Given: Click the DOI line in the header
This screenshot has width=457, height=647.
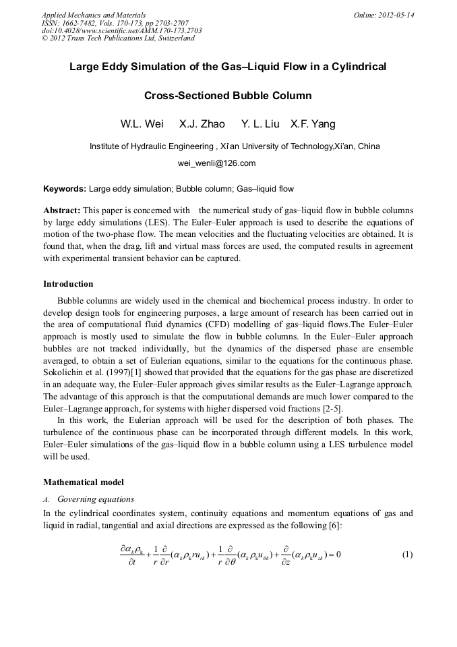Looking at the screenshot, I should click(x=121, y=30).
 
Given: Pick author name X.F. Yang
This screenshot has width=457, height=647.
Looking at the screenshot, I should click(x=313, y=124).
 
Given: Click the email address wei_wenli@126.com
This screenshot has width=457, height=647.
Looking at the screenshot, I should click(x=216, y=163).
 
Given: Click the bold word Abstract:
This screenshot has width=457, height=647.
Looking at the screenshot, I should click(x=62, y=210).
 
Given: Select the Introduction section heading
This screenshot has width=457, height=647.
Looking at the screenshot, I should click(x=68, y=283).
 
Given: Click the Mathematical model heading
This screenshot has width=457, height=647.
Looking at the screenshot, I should click(x=84, y=482).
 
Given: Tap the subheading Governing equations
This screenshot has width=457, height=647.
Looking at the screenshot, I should click(x=96, y=499).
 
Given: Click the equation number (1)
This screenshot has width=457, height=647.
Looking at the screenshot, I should click(x=407, y=555).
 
